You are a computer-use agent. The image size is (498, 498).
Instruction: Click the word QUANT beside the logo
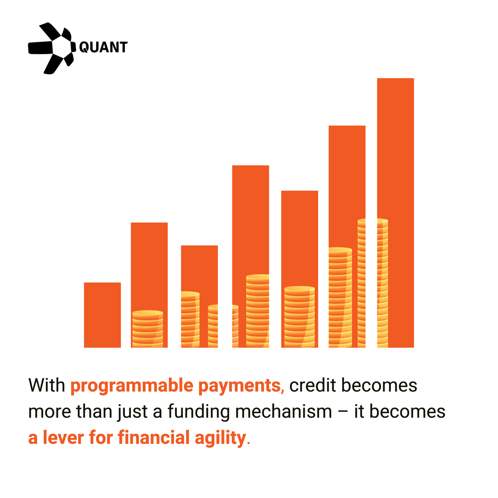tap(103, 47)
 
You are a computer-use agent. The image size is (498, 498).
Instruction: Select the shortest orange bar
tap(102, 315)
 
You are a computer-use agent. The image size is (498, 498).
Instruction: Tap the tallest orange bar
tap(395, 166)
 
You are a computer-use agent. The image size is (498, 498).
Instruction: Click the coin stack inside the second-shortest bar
tap(148, 329)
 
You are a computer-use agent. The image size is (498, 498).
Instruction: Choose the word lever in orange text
tap(63, 438)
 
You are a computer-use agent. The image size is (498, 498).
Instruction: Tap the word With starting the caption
tap(46, 386)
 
